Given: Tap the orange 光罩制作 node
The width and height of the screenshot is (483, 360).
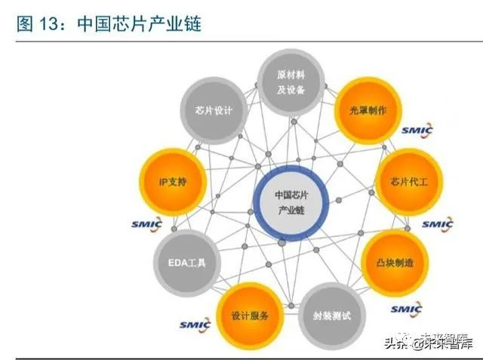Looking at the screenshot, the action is pos(367,110).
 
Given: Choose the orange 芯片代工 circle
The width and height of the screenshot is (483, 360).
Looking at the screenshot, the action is pos(408,181).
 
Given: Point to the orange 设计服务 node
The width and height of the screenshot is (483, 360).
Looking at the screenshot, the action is pos(250,314).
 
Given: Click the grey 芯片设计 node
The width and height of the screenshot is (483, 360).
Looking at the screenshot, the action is pos(208,110).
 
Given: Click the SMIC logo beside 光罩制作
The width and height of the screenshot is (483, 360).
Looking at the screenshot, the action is pos(417,131).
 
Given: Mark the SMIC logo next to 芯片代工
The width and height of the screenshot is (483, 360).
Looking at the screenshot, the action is pos(437,224).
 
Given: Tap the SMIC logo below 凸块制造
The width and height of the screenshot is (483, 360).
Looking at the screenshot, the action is pos(406,308).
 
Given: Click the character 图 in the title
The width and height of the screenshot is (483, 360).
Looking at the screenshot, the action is pos(25,25).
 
